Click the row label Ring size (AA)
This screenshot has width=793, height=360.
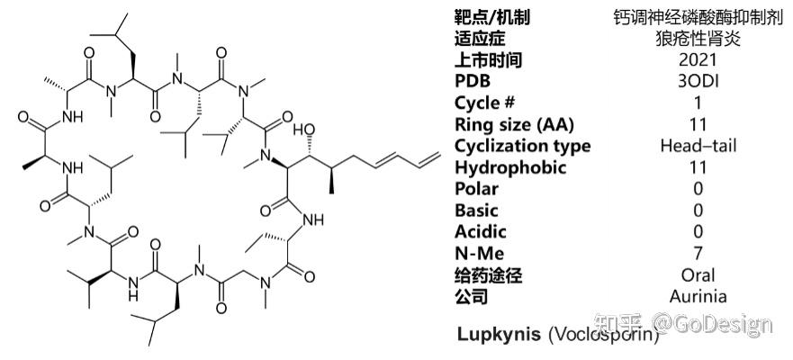coord(514,124)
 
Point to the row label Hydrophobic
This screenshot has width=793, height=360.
coord(510,167)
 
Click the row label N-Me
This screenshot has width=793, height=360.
coord(479,254)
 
